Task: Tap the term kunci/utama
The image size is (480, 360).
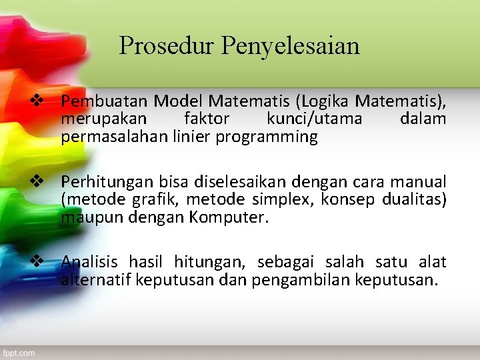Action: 315,119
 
